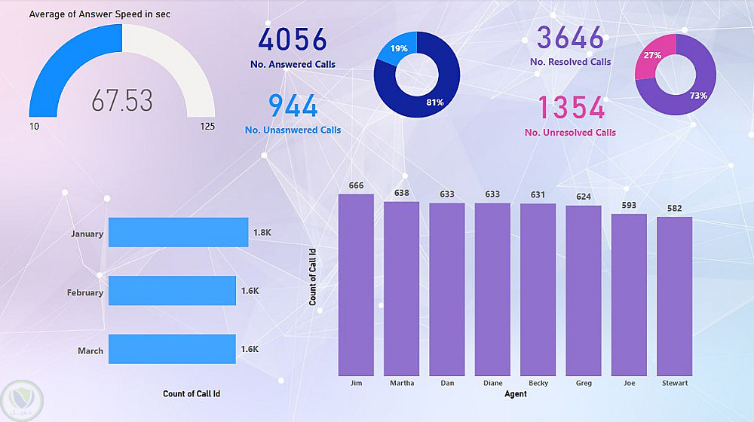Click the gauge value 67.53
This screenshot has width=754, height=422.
point(122,100)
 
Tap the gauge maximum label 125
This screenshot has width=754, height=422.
point(207,127)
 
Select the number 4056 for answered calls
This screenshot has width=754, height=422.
point(293,40)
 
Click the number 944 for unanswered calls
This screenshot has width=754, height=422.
point(293,106)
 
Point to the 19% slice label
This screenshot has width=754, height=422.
point(399,49)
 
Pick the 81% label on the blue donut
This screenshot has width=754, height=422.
point(434,102)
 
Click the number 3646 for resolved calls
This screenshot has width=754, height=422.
point(570,37)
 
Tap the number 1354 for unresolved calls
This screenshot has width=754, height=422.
point(570,108)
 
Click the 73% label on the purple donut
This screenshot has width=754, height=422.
point(698,96)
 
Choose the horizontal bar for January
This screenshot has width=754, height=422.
point(178,233)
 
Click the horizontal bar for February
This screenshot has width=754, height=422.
point(172,291)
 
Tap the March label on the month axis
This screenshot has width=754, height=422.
point(90,351)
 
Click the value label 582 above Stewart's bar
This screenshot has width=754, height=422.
point(674,209)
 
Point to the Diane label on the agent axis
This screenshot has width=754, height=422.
point(492,384)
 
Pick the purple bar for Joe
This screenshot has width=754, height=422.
point(629,295)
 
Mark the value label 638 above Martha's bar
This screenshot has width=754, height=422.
point(401,194)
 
